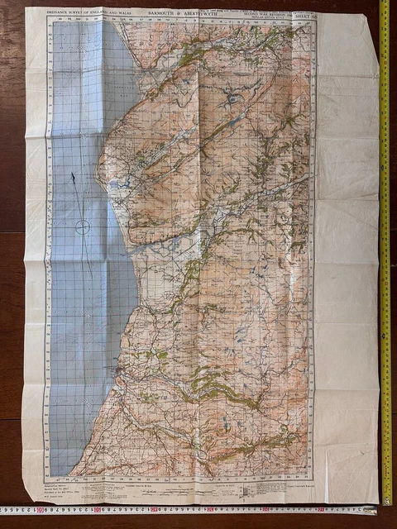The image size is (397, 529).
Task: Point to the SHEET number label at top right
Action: pos(308,14)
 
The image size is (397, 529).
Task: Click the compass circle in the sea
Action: pos(82,226)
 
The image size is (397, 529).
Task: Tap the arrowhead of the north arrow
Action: pos(74,176)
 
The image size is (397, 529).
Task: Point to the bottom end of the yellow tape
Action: pos(386,501)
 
